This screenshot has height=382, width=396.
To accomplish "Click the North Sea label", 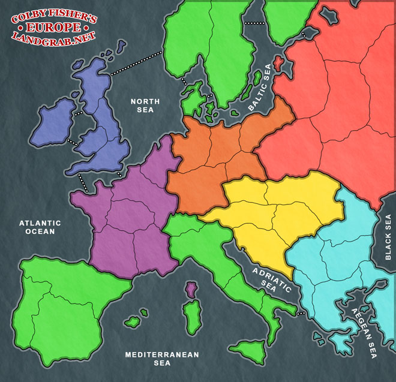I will click(142, 106).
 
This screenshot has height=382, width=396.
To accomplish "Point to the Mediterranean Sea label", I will click(162, 358).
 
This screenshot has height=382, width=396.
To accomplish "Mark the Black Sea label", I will click(388, 237).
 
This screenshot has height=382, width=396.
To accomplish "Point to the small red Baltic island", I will click(278, 63).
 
